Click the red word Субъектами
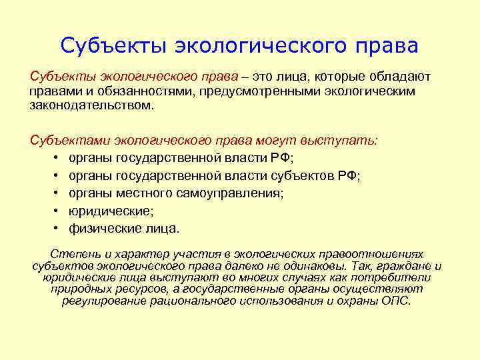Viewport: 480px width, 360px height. [71, 141]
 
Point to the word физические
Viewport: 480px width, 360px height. [99, 229]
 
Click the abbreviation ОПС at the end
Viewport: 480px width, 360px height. [397, 301]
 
